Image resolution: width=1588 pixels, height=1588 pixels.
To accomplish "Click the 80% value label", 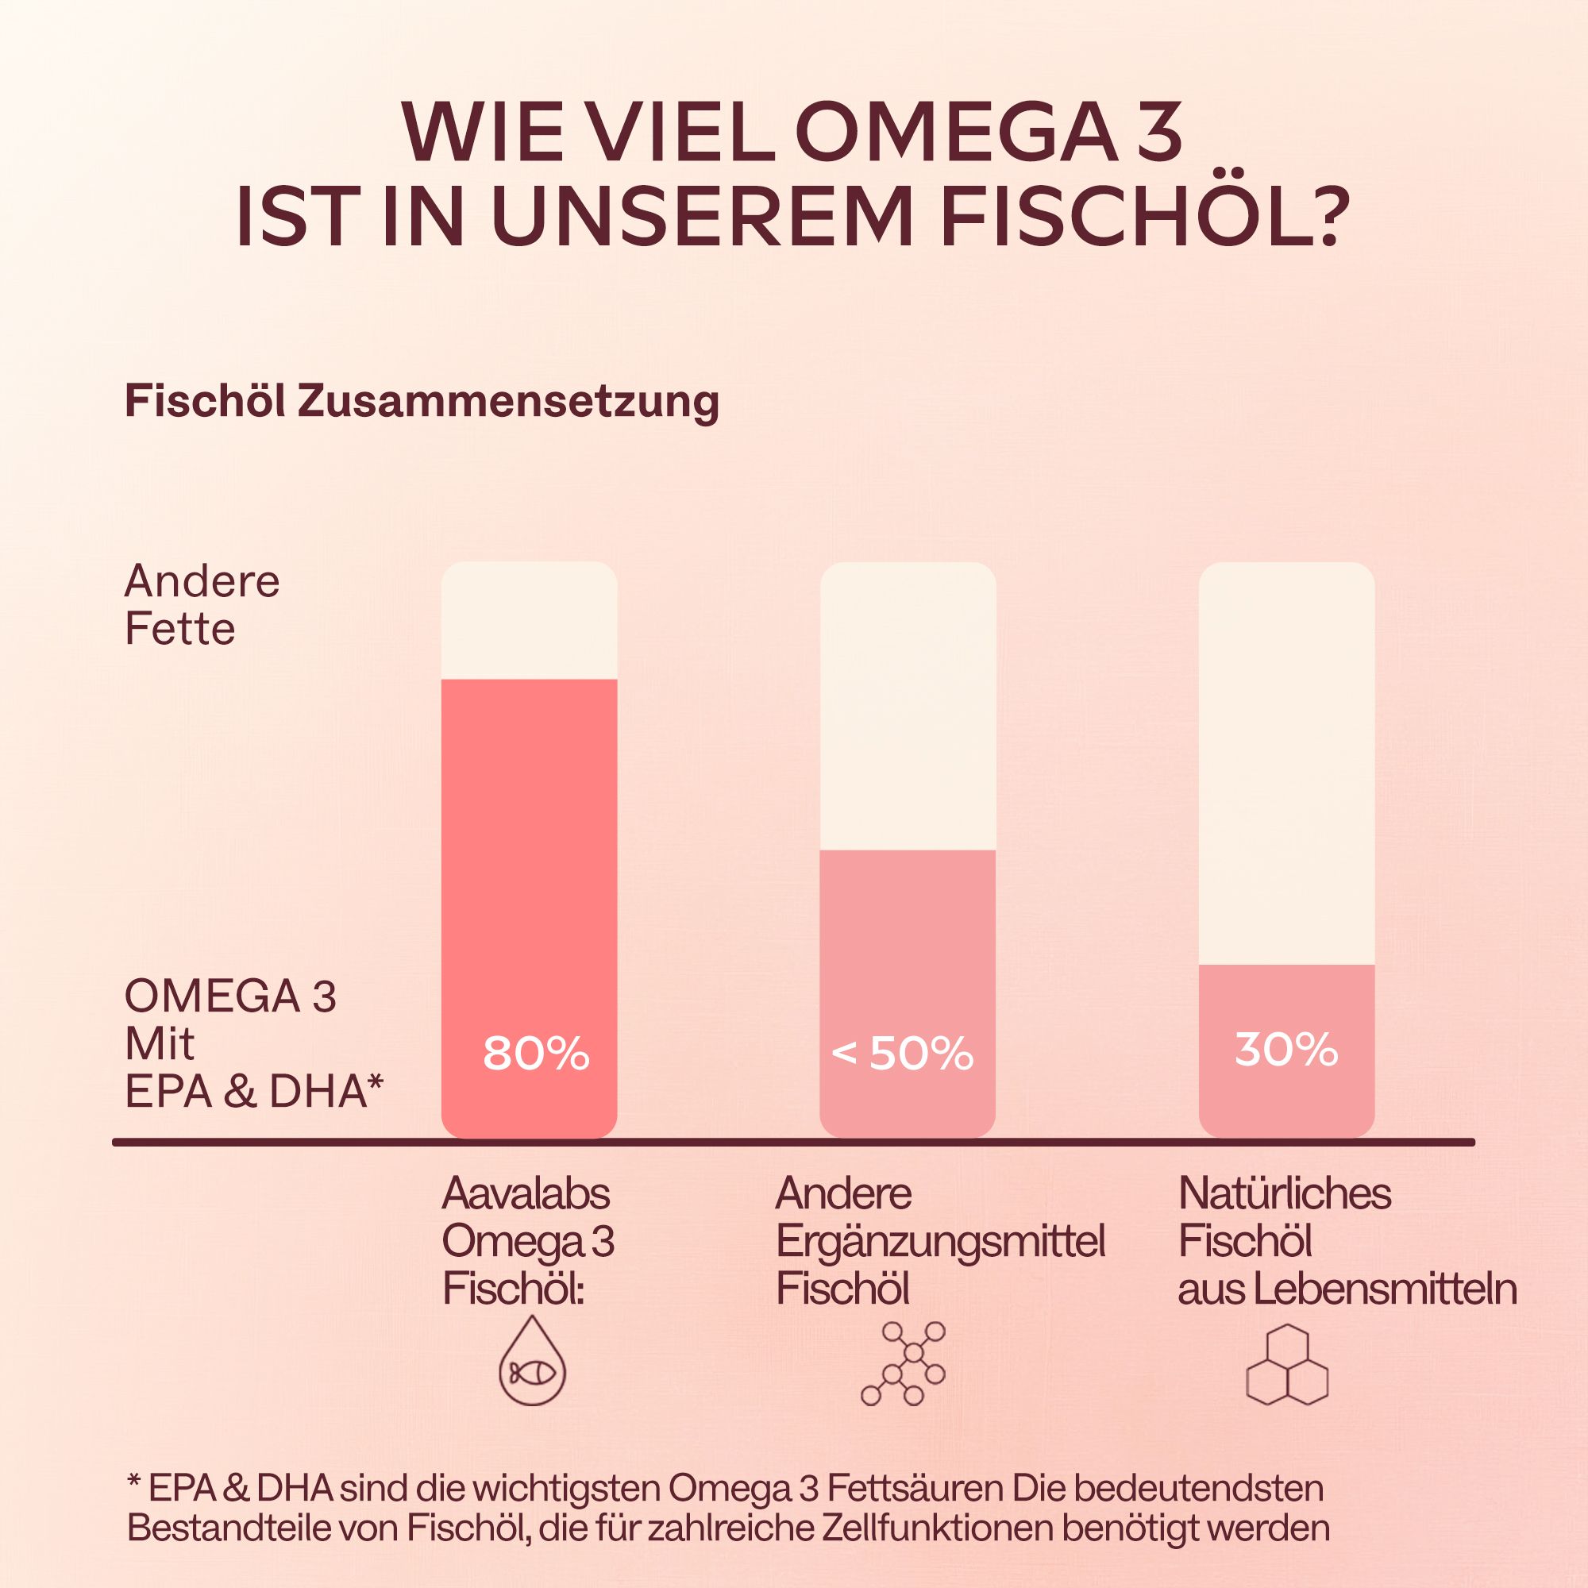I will [536, 1054].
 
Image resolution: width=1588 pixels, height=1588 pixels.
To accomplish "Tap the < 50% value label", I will [903, 1054].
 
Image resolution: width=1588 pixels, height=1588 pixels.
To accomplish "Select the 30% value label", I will [1286, 1050].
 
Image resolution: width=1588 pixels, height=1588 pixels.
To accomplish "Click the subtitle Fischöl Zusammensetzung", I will [422, 402].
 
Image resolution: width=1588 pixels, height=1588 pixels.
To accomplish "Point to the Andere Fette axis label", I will [202, 606].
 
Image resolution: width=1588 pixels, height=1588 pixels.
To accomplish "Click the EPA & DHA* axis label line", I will [254, 1092].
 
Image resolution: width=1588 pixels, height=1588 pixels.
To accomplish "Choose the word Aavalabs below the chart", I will [526, 1193].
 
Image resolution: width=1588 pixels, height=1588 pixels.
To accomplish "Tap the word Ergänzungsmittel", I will [940, 1241].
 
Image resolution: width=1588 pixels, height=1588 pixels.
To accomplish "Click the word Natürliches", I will [1285, 1193].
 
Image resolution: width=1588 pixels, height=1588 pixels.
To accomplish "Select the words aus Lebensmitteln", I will [1347, 1289].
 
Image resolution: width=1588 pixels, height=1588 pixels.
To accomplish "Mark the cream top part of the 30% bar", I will [1286, 765].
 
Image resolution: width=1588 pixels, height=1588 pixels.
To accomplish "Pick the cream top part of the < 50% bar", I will [908, 707].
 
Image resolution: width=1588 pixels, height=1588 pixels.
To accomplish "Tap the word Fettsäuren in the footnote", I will [915, 1489].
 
